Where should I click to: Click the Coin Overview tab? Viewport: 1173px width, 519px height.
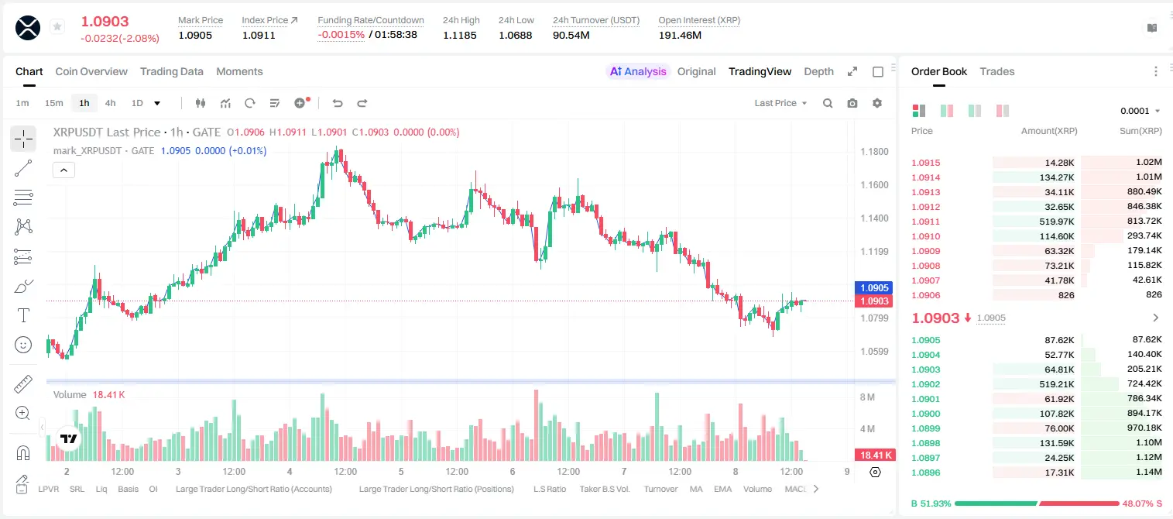[x=91, y=71]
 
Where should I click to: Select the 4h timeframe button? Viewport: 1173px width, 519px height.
[x=110, y=103]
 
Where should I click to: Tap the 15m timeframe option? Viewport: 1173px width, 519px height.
[x=54, y=103]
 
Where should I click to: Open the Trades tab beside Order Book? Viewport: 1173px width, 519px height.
[x=997, y=71]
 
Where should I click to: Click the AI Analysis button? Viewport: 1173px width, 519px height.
[x=638, y=71]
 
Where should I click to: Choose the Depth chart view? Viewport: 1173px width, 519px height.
[x=818, y=71]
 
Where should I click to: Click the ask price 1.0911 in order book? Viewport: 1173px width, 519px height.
[x=925, y=222]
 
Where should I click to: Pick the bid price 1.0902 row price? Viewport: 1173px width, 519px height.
[x=925, y=384]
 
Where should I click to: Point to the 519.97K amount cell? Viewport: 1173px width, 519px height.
[x=1057, y=222]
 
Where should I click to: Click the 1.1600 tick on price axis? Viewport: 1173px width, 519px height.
[x=874, y=185]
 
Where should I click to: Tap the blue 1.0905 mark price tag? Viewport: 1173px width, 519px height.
[x=873, y=287]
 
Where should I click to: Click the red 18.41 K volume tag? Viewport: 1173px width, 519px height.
[x=874, y=455]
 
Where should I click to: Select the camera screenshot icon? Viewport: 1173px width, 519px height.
[x=852, y=103]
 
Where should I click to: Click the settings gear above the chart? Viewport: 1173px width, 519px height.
[x=877, y=103]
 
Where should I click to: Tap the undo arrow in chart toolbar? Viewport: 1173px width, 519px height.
[x=338, y=103]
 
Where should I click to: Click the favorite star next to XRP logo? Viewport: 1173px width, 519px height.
[x=57, y=26]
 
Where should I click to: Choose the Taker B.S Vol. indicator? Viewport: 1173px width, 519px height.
[x=604, y=489]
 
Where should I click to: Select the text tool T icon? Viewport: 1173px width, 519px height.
[x=23, y=315]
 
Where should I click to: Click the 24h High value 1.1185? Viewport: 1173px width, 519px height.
[x=460, y=35]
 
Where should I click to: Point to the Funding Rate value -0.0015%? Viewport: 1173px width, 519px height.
[x=341, y=35]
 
